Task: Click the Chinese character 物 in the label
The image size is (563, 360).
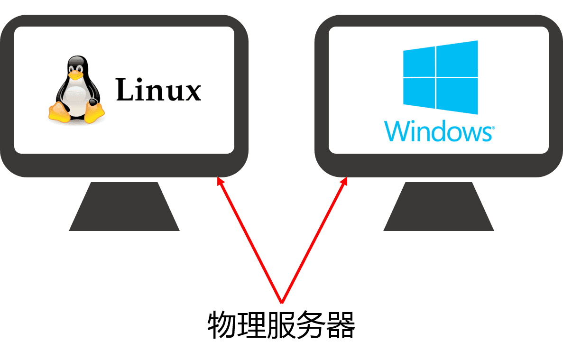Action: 222,325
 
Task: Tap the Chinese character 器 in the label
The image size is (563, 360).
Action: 341,325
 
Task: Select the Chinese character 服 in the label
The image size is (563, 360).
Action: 281,325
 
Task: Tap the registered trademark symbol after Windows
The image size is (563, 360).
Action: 493,128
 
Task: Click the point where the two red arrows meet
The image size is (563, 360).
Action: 282,302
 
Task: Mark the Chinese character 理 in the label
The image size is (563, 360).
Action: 251,325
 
